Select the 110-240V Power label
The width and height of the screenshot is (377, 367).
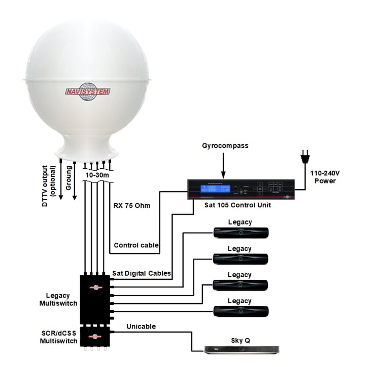(x=325, y=176)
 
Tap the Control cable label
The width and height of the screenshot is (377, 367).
(x=136, y=245)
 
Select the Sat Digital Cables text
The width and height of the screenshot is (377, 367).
(x=142, y=273)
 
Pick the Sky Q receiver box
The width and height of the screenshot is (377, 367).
(x=242, y=349)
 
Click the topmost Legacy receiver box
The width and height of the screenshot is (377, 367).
(x=240, y=233)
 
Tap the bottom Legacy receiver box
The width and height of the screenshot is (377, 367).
(x=240, y=310)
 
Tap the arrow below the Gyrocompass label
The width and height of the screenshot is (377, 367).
(x=223, y=164)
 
